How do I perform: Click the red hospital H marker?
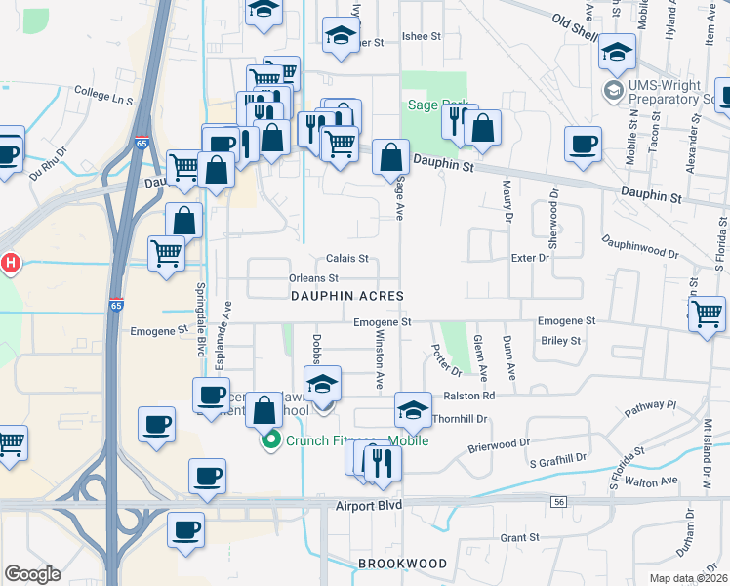11,263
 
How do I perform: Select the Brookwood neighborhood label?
402,564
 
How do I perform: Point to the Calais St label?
346,259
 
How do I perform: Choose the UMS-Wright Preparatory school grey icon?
614,92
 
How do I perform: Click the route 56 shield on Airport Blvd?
558,501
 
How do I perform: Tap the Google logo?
32,574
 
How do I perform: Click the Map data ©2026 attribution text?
689,577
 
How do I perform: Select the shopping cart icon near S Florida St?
708,315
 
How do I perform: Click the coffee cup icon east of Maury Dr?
584,145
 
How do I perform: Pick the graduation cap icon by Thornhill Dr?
413,410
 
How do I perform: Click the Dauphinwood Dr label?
639,245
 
